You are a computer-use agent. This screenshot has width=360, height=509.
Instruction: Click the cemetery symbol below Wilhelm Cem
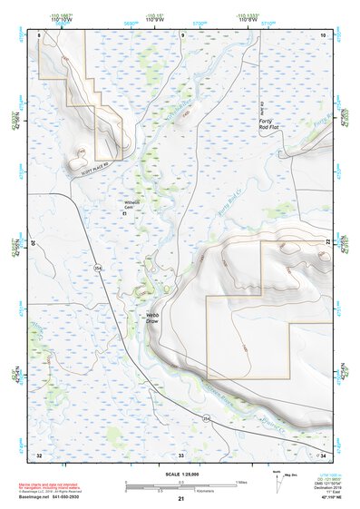point(136,215)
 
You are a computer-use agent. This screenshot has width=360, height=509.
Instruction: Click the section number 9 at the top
point(182,34)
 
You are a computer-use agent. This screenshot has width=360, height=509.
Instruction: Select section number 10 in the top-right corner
point(321,34)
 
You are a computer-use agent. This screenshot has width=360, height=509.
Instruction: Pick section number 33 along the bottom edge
point(181,454)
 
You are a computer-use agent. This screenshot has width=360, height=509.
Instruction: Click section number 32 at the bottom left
point(39,454)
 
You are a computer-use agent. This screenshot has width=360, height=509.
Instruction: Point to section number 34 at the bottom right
point(321,454)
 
